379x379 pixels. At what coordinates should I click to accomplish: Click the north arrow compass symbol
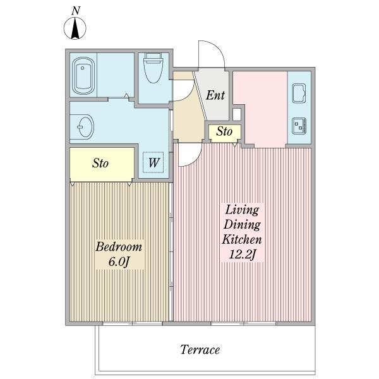tap(75, 28)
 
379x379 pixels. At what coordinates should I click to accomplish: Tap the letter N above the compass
tap(76, 11)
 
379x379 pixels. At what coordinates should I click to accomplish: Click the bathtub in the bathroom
tap(83, 76)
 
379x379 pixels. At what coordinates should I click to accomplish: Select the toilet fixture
tap(153, 68)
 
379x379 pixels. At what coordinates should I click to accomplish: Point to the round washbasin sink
tap(85, 126)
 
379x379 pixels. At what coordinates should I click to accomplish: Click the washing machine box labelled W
tap(153, 162)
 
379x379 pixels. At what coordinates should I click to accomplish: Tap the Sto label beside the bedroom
tap(100, 163)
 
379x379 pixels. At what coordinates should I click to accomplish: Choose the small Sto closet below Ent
tap(225, 133)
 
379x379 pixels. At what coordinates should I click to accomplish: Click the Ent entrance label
tap(215, 95)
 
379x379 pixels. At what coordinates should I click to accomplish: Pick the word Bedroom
tap(119, 247)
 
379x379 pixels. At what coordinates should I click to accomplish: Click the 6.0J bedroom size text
tap(119, 262)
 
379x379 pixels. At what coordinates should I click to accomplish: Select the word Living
tap(242, 210)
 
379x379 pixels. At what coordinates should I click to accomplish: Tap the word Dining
tap(242, 224)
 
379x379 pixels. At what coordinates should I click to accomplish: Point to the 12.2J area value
tap(242, 255)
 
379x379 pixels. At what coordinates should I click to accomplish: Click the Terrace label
tap(200, 350)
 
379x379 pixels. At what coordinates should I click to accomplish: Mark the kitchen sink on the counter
tap(299, 93)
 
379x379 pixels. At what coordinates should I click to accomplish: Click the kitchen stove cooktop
tap(299, 126)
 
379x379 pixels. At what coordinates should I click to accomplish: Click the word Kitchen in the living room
tap(242, 239)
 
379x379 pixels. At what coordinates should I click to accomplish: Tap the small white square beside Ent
tap(237, 114)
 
